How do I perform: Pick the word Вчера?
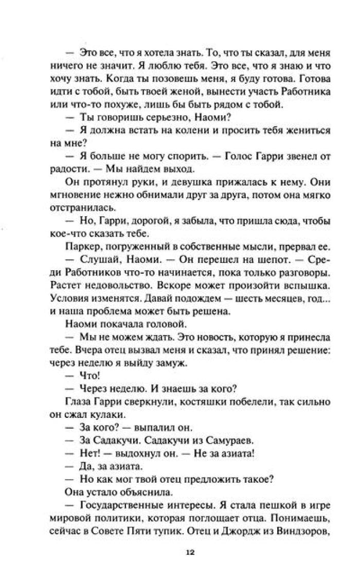(92, 348)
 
